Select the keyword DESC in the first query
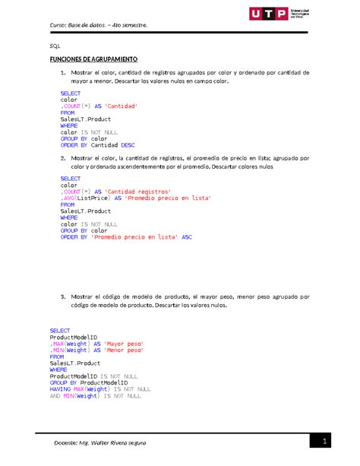pos(125,141)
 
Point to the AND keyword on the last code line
pos(55,395)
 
